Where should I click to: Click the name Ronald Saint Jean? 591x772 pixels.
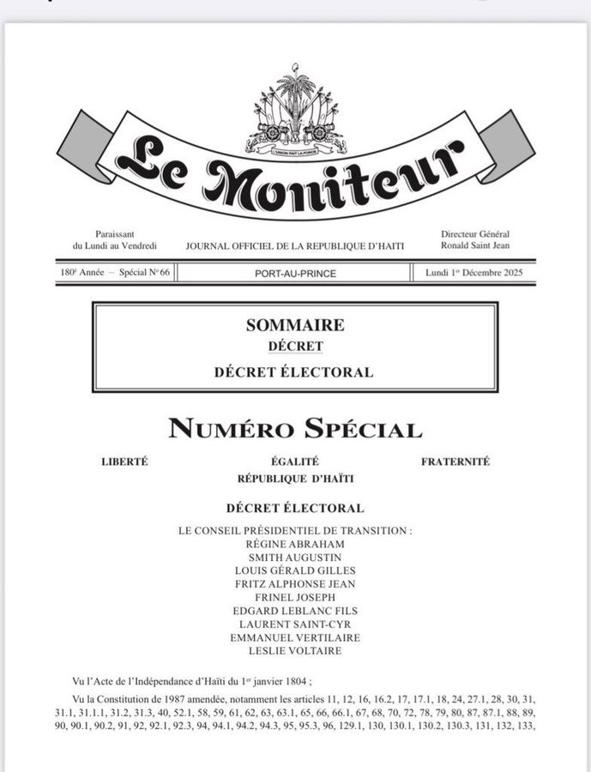(x=475, y=245)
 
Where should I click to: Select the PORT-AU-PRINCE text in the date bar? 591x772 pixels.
(x=295, y=274)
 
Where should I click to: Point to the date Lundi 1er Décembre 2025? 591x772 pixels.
(x=474, y=274)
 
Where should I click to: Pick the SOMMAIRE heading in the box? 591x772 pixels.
(x=295, y=325)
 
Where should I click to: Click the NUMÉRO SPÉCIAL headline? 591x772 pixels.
(x=295, y=429)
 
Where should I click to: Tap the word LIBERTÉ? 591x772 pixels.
(x=124, y=461)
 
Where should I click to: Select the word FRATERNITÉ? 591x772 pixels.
(x=455, y=461)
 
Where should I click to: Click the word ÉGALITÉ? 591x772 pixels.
(x=295, y=461)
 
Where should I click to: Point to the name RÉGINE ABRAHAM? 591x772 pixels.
(x=295, y=544)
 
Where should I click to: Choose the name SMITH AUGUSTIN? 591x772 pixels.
(x=295, y=557)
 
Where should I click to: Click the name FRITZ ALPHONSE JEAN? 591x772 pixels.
(x=295, y=584)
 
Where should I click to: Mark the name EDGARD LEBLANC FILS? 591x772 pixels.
(x=295, y=611)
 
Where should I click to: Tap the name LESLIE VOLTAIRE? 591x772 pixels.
(x=295, y=651)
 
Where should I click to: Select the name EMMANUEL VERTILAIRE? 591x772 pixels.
(x=295, y=637)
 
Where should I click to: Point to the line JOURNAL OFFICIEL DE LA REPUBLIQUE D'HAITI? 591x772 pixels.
(x=295, y=246)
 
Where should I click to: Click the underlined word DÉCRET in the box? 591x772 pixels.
(x=295, y=347)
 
